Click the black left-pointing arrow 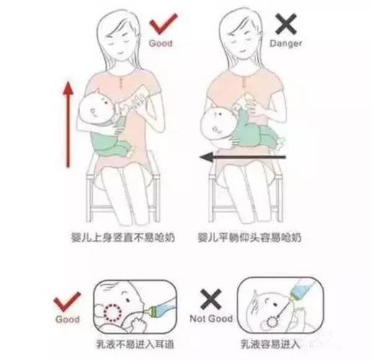click(242, 156)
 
